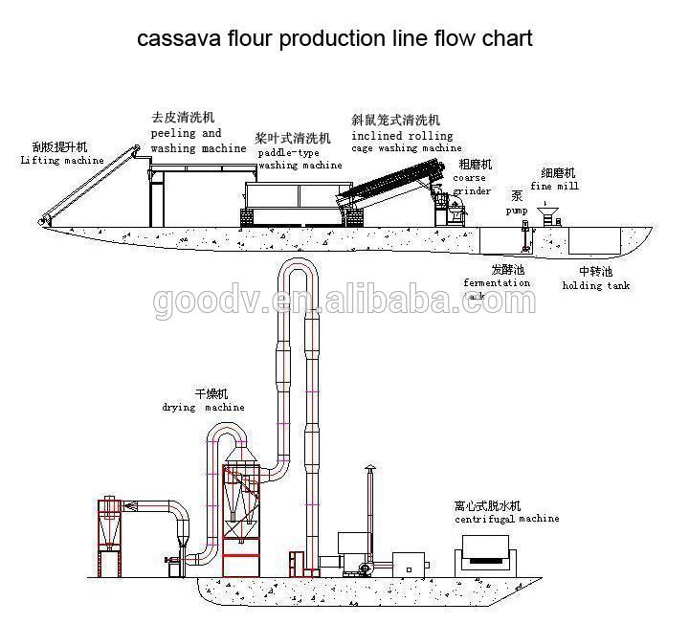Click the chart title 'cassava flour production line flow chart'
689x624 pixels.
point(334,39)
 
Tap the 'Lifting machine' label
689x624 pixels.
point(61,161)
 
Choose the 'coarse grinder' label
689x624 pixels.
point(472,184)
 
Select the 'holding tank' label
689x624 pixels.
point(595,285)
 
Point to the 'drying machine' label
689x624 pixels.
point(202,407)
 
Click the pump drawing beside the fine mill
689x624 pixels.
point(524,231)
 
